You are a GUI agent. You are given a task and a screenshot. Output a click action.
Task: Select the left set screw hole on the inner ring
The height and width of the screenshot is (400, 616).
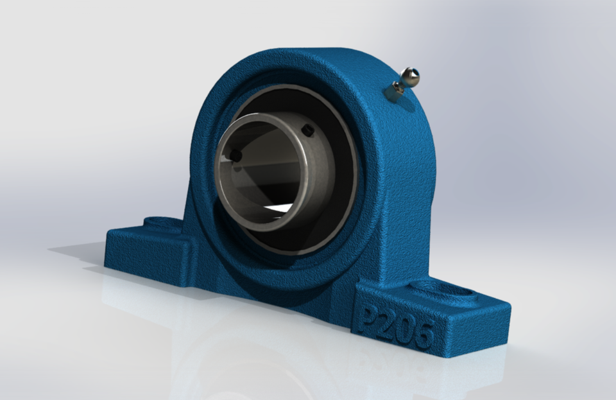(235, 155)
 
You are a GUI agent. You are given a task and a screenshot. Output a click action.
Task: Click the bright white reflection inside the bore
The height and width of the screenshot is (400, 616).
(282, 208)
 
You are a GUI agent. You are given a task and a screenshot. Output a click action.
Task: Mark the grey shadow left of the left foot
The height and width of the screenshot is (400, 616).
(77, 250)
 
